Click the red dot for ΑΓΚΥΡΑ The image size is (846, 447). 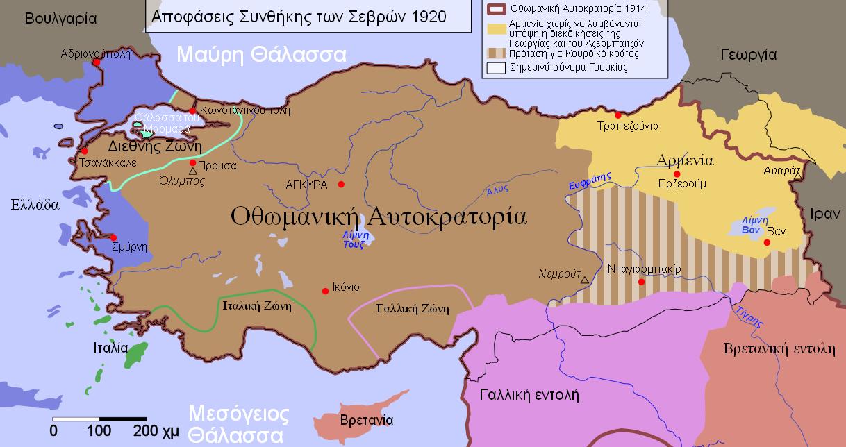click(341, 184)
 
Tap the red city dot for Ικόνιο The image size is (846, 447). click(325, 291)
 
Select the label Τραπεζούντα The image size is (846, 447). click(628, 126)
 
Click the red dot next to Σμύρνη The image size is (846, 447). click(113, 237)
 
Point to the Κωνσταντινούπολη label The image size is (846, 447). click(244, 110)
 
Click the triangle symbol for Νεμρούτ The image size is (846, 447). click(585, 280)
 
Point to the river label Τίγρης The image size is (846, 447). click(749, 315)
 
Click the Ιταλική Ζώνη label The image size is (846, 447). click(253, 305)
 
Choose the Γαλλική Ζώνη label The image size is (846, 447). click(412, 309)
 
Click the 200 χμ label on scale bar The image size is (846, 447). click(156, 430)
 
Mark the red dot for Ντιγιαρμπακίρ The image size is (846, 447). click(641, 282)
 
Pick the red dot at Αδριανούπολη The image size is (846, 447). click(97, 62)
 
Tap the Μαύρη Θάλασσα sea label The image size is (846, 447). click(260, 54)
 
